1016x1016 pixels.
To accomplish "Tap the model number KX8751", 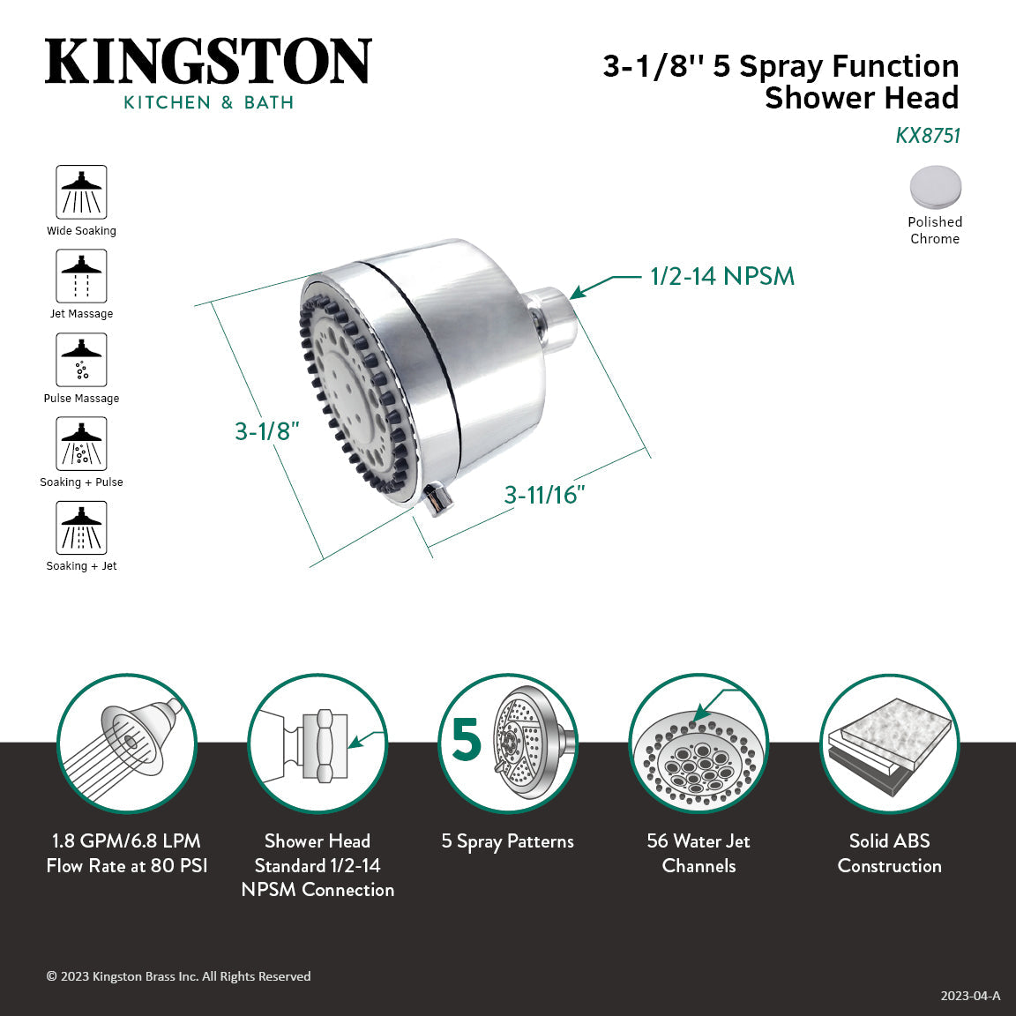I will (928, 136).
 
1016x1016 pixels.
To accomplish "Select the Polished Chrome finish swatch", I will (935, 186).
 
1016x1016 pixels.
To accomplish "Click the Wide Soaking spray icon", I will (81, 192).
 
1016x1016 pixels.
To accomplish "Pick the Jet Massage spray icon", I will (81, 276).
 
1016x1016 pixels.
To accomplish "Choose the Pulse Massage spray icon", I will (81, 360).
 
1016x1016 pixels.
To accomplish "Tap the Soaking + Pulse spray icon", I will (81, 444).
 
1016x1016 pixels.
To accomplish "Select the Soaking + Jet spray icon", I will (81, 527).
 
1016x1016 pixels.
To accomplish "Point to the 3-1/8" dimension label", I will (267, 431).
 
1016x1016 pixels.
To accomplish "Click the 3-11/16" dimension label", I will (544, 495).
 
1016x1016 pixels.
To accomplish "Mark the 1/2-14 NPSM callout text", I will (722, 277).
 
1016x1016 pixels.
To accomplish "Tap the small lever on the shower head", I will (437, 499).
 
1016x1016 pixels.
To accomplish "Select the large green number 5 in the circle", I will (466, 739).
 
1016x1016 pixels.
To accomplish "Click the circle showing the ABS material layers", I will (889, 743).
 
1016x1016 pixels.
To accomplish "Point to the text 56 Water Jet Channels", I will (698, 853).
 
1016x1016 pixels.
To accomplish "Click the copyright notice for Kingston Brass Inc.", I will (178, 976).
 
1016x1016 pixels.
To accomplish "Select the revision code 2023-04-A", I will (970, 996).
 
